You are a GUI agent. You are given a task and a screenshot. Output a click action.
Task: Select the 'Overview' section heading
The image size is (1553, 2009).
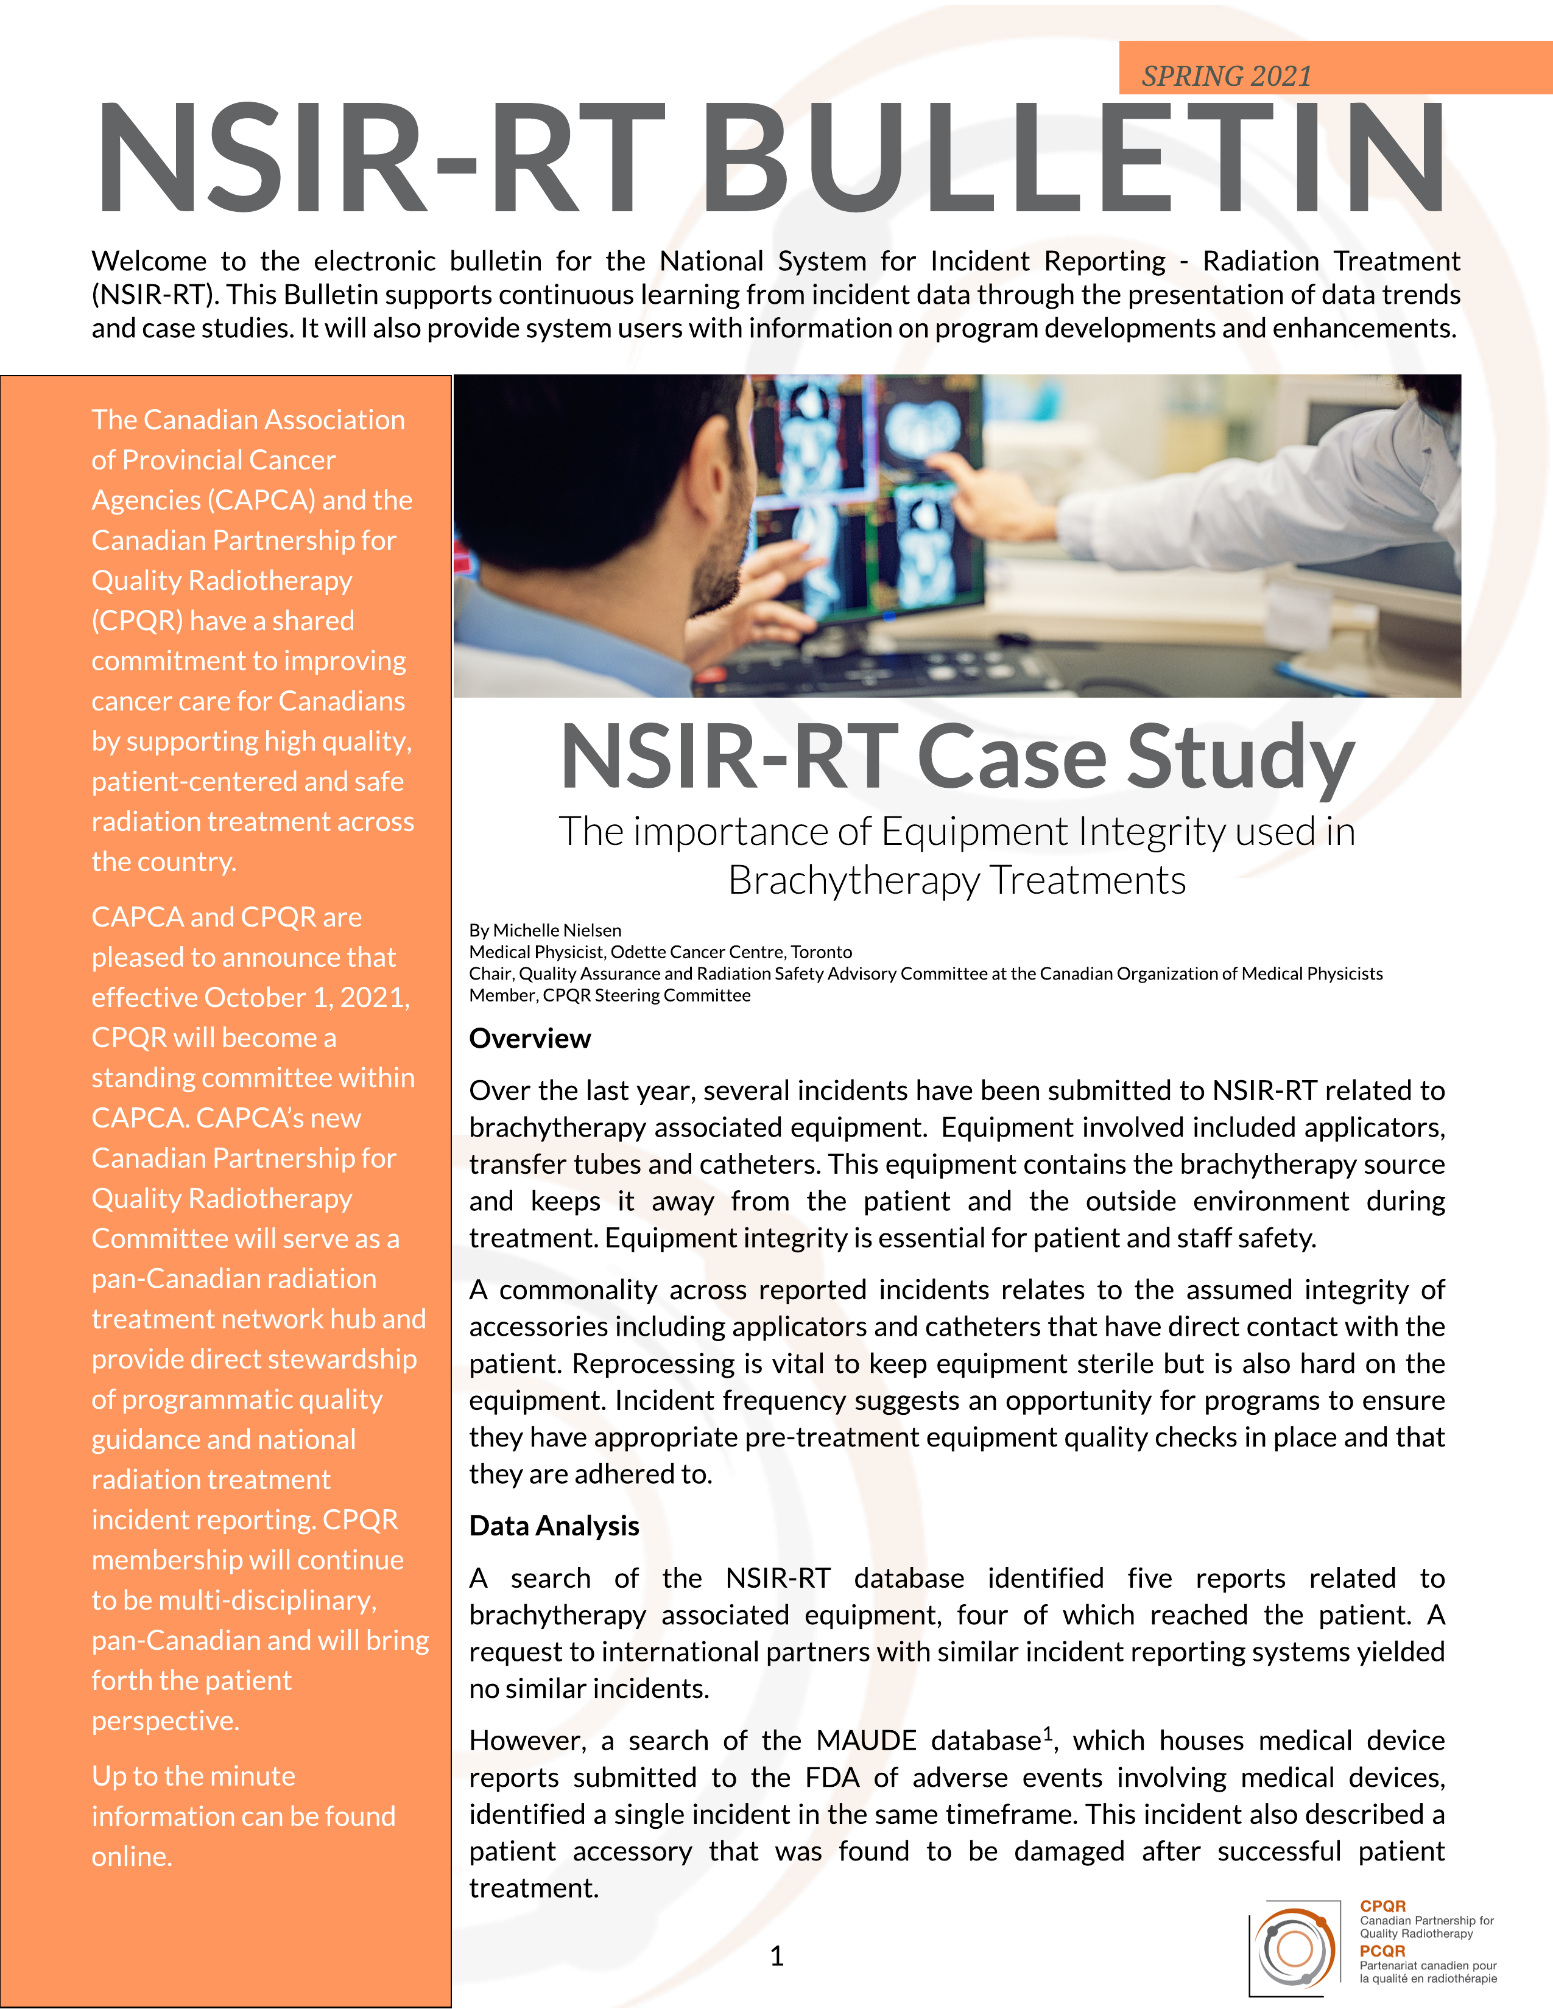click(x=530, y=1039)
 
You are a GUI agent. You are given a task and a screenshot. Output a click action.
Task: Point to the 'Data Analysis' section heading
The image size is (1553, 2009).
click(x=554, y=1526)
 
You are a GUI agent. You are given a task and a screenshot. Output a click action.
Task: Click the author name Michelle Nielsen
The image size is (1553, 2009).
click(x=557, y=930)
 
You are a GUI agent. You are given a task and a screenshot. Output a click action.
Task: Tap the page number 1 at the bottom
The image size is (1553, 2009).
click(x=776, y=1955)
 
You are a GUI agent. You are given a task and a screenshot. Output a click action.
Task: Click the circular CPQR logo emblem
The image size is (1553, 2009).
click(x=1295, y=1948)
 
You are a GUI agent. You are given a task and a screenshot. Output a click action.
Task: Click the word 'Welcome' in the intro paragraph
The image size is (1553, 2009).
click(x=149, y=261)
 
